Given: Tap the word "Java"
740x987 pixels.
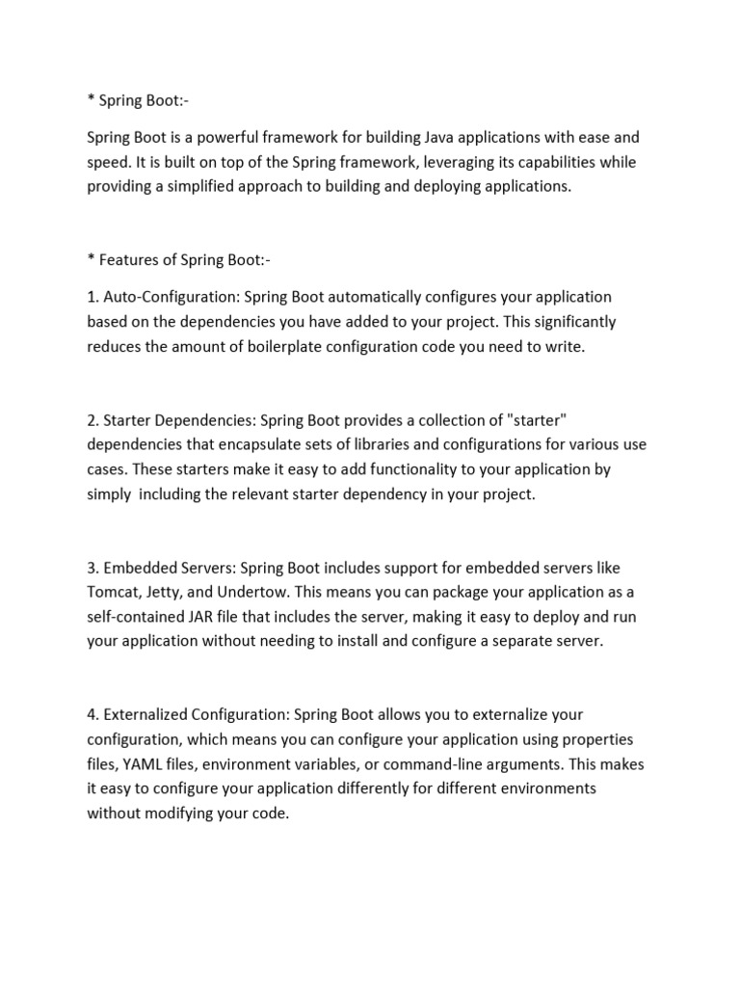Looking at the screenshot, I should (x=432, y=138).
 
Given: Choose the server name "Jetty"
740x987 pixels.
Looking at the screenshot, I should (x=172, y=592).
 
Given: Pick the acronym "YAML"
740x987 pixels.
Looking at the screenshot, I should (x=142, y=764).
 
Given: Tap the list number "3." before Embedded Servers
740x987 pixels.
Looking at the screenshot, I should (x=92, y=568).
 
